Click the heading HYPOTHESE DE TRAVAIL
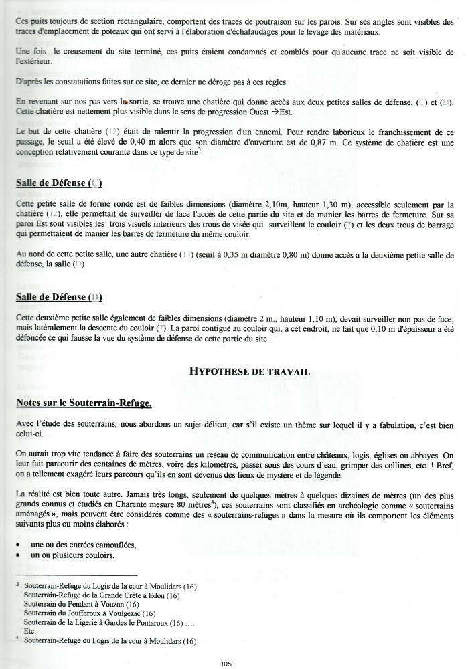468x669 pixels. click(x=249, y=372)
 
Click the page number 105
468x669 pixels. click(x=226, y=663)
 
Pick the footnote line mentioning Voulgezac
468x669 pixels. click(x=89, y=613)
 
